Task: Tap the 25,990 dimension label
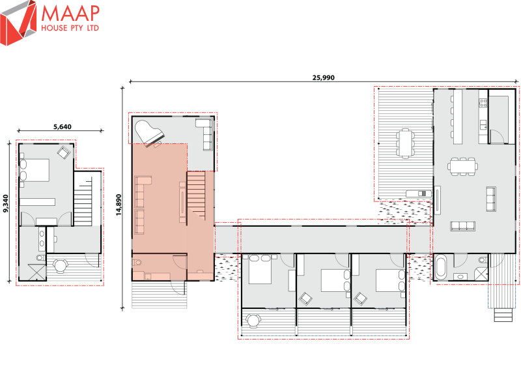coord(323,78)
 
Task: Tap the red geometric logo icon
coord(19,25)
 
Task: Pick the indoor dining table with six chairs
coord(462,166)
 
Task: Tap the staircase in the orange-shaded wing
coord(200,195)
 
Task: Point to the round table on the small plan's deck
coord(61,265)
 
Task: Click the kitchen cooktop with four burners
coord(483,102)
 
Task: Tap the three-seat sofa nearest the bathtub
coord(463,226)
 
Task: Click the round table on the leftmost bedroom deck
coord(254,319)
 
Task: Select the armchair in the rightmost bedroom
coord(359,299)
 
